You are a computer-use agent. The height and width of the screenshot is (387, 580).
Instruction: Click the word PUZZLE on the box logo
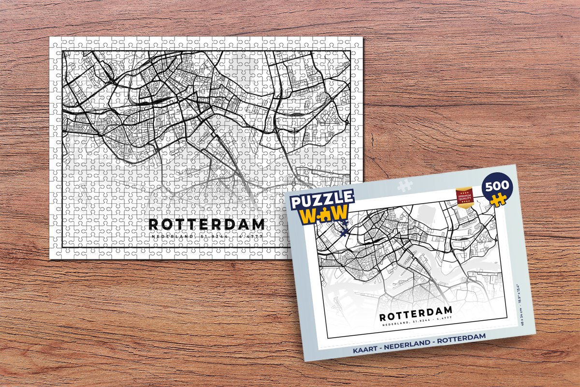pyautogui.click(x=321, y=201)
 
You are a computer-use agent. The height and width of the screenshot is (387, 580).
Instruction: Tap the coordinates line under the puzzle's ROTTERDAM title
pyautogui.click(x=207, y=237)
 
